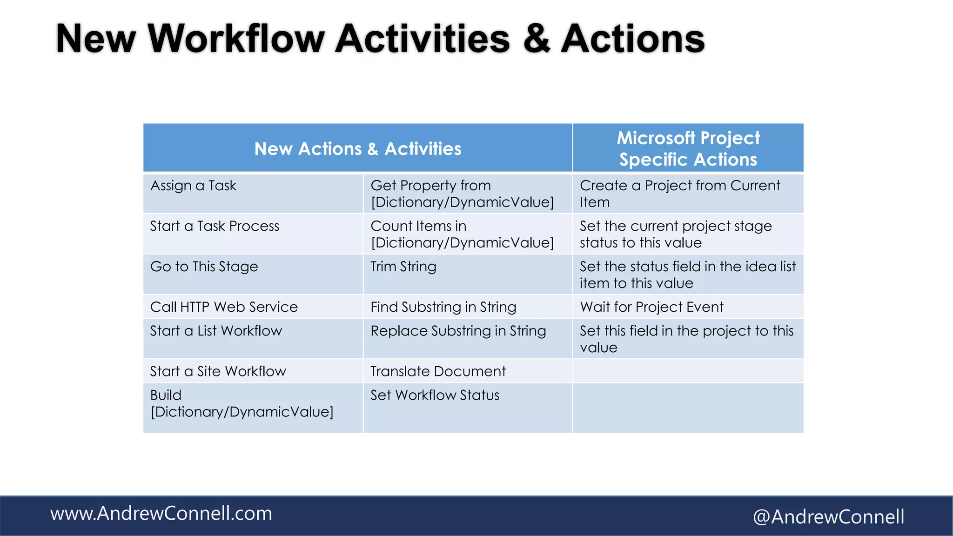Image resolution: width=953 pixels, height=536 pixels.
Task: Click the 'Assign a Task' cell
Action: [x=194, y=186]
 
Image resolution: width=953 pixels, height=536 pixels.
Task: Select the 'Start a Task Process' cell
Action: [x=215, y=226]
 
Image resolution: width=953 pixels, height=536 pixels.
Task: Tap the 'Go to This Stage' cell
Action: [x=204, y=267]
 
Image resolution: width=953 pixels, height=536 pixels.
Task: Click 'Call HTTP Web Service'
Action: [x=224, y=307]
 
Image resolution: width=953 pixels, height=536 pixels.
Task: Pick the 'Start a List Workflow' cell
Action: [x=216, y=331]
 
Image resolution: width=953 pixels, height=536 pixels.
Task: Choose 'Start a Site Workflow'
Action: [x=218, y=371]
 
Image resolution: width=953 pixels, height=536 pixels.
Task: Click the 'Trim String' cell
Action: [x=403, y=267]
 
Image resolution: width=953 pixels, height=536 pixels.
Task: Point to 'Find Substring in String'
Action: [x=443, y=307]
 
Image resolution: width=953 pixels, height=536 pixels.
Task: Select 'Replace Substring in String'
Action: [x=458, y=331]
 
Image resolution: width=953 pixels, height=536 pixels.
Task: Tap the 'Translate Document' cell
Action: [x=438, y=371]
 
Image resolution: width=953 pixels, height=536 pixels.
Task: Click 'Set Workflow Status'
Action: [x=435, y=395]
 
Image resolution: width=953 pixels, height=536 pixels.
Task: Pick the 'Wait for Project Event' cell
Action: [x=651, y=307]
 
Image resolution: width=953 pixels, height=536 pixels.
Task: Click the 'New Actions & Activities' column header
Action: [x=357, y=149]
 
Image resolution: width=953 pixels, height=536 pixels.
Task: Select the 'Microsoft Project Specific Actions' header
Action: [x=688, y=149]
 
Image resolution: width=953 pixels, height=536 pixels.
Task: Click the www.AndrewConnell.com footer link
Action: [x=161, y=514]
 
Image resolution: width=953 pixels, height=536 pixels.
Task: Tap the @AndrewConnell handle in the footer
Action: [x=828, y=517]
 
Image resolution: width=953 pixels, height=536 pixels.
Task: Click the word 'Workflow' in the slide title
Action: [x=236, y=39]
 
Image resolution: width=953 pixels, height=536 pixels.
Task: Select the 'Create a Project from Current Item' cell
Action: [x=679, y=194]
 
